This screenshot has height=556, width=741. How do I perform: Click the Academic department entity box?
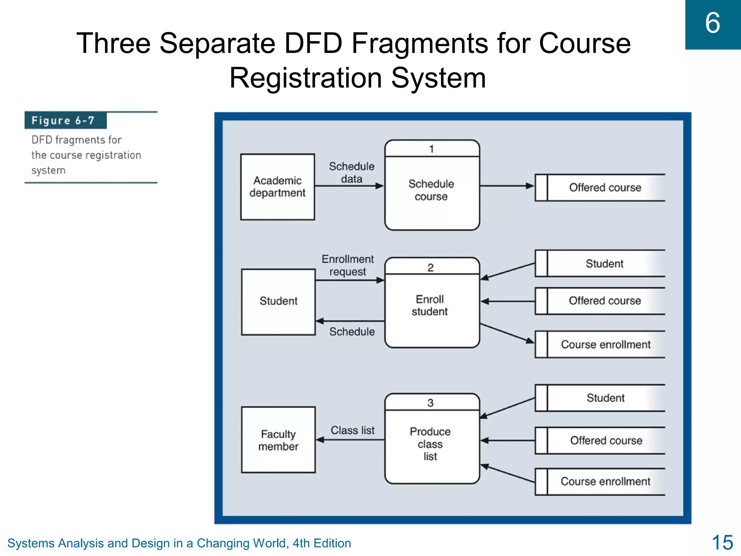point(278,187)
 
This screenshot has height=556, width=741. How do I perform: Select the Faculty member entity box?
point(278,440)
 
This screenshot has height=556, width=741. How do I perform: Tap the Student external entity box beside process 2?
point(278,302)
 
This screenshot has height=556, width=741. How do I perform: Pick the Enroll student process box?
point(432,308)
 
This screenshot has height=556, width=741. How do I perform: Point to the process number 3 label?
point(430,403)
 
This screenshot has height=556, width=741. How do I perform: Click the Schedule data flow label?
point(351,173)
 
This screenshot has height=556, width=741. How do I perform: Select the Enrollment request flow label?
point(348,265)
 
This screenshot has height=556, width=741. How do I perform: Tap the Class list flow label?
point(352,430)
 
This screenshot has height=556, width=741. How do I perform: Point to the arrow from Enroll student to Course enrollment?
point(507,333)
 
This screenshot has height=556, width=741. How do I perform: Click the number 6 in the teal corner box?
point(712,23)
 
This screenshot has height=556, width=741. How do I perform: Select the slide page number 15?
point(722,543)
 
